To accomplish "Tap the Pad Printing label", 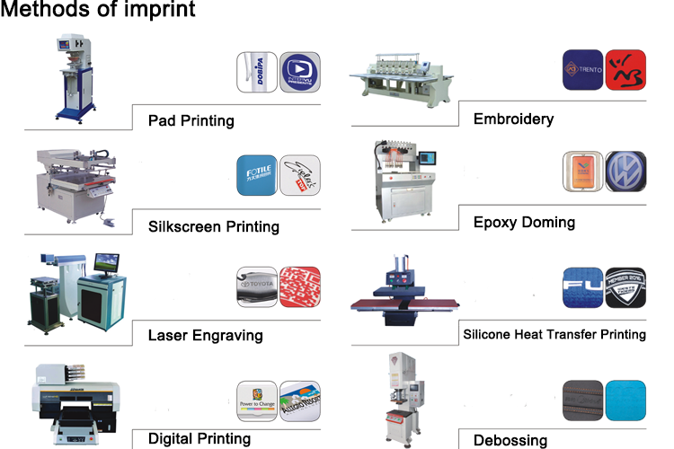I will tap(191, 120).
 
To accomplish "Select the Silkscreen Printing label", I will tap(213, 226).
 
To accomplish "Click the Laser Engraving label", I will tap(205, 335).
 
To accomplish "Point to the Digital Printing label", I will tap(199, 438).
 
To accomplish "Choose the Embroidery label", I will tap(513, 119).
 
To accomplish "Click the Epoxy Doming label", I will tap(524, 222).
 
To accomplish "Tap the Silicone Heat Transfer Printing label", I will tap(554, 334).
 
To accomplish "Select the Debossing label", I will tap(510, 440).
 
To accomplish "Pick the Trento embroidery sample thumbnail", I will tap(583, 70).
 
